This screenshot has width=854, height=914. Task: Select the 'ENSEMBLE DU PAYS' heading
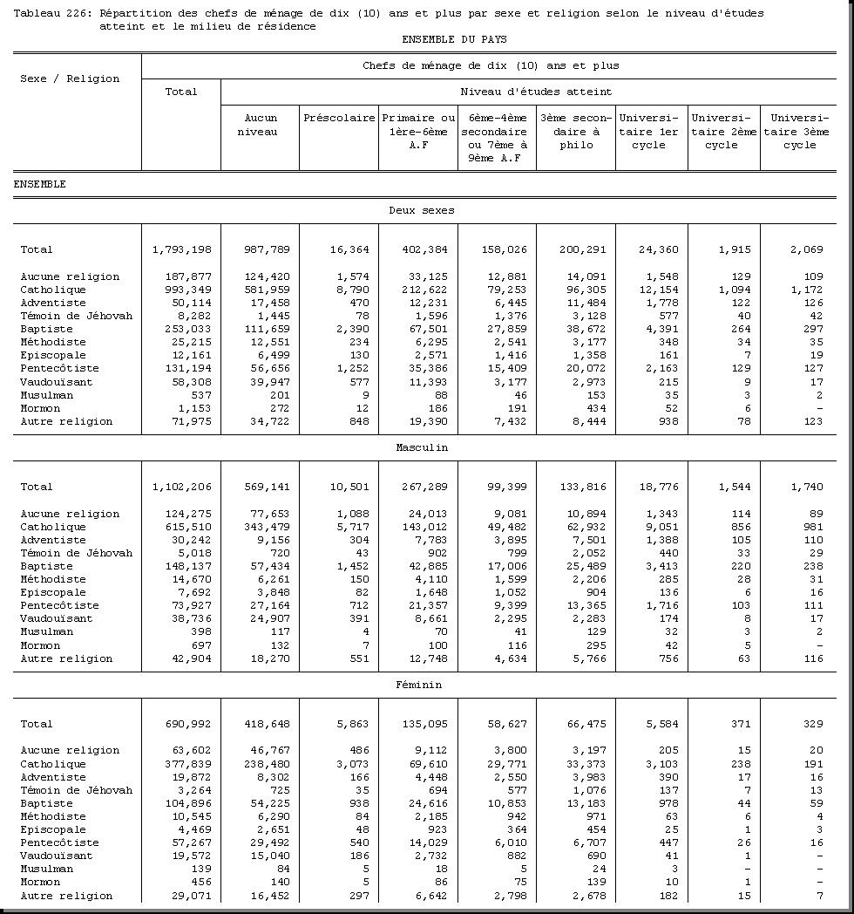tap(454, 39)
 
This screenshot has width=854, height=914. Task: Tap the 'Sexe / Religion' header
tap(70, 78)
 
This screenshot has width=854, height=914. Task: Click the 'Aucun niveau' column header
tap(261, 125)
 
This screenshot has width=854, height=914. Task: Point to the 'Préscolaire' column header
tap(339, 118)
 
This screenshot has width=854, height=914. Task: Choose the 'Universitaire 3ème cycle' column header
tap(799, 131)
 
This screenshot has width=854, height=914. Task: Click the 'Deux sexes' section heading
tap(421, 210)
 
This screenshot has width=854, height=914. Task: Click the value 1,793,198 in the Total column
tap(182, 250)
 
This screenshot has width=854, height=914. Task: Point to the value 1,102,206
tap(182, 488)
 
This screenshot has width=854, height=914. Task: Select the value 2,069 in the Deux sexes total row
tap(807, 250)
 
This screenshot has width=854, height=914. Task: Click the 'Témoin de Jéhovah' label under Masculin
tap(77, 553)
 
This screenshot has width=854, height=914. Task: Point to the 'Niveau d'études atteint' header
tap(536, 92)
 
